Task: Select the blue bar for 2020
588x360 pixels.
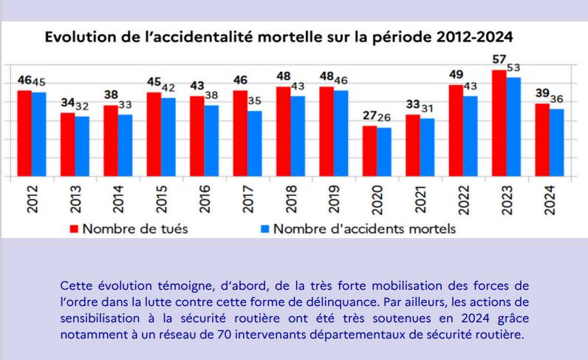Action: click(384, 152)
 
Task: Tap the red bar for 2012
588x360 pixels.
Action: click(24, 134)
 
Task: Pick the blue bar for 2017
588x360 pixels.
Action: click(255, 144)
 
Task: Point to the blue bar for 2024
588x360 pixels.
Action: click(556, 143)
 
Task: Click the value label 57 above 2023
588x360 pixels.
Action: click(499, 59)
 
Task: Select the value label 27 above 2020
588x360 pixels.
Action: click(369, 115)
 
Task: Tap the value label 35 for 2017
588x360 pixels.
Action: click(255, 101)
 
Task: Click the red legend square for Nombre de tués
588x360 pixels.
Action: click(74, 228)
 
